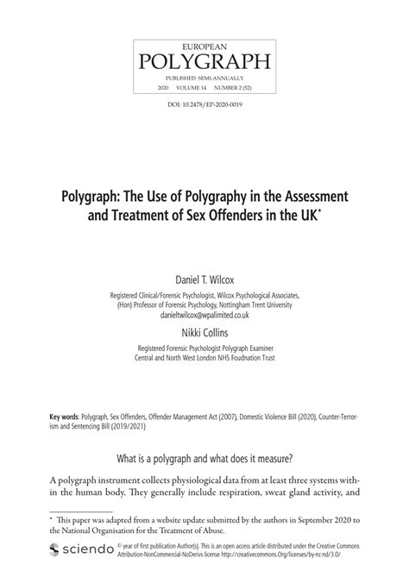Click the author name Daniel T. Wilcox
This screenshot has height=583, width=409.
click(x=204, y=279)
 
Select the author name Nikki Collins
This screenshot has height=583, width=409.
click(x=204, y=333)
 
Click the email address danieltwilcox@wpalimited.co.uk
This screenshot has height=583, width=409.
click(x=204, y=316)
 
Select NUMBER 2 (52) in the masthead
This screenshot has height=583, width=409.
click(x=233, y=89)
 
